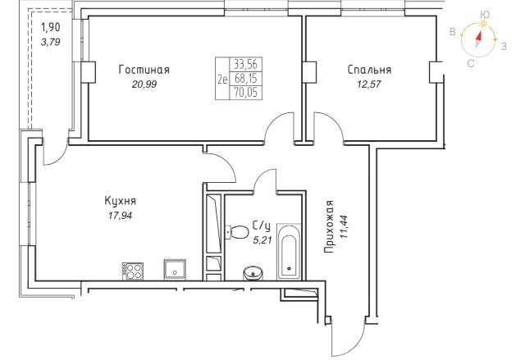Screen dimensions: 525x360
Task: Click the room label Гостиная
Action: tap(144, 70)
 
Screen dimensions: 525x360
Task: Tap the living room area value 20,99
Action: tap(144, 84)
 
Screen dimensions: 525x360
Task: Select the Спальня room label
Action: tap(369, 70)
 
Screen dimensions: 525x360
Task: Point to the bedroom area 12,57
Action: tap(369, 84)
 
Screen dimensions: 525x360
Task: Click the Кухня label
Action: tap(121, 202)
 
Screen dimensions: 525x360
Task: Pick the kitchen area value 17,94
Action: tap(120, 216)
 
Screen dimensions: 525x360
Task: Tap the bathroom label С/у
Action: tap(261, 226)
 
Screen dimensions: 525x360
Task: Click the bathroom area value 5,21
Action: tap(262, 240)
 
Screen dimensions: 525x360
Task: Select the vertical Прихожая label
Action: tap(330, 226)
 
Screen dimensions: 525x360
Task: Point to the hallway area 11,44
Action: tap(344, 227)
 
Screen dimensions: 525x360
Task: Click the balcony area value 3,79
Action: tap(50, 42)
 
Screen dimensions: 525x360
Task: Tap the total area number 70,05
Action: tap(246, 92)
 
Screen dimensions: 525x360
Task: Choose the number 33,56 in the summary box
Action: tap(246, 64)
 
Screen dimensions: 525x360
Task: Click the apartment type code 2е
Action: tap(222, 80)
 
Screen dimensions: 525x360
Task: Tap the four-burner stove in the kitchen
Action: tap(133, 271)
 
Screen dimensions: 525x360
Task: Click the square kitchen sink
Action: tap(175, 269)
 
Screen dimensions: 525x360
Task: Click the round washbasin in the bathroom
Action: tap(253, 273)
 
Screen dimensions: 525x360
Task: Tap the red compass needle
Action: tap(479, 36)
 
